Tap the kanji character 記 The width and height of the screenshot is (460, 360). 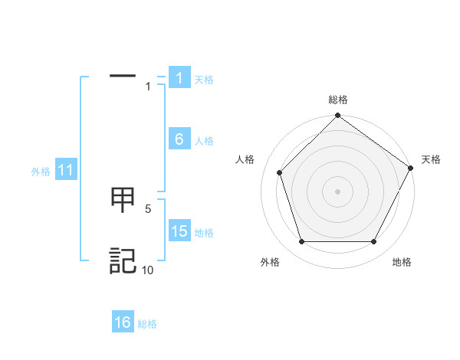[123, 260]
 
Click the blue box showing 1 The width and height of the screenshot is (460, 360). [179, 77]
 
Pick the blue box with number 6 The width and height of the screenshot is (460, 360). [179, 139]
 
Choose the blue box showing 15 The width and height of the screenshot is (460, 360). [179, 231]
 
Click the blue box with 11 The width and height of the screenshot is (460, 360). [65, 170]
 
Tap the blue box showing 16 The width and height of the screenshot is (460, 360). [123, 322]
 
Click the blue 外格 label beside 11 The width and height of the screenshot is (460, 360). [41, 172]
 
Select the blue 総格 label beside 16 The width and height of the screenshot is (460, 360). [147, 324]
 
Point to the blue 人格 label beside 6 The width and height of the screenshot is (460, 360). [204, 141]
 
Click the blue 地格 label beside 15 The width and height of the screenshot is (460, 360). [204, 233]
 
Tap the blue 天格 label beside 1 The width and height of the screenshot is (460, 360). [204, 80]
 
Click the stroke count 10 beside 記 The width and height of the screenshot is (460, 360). [147, 270]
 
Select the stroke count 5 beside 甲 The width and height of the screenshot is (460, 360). [148, 208]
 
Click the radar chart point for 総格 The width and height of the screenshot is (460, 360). [337, 116]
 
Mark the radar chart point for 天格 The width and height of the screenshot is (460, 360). [411, 169]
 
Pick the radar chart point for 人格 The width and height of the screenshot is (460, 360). [280, 172]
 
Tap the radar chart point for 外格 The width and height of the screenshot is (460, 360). [301, 241]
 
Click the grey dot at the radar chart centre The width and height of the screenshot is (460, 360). [337, 191]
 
